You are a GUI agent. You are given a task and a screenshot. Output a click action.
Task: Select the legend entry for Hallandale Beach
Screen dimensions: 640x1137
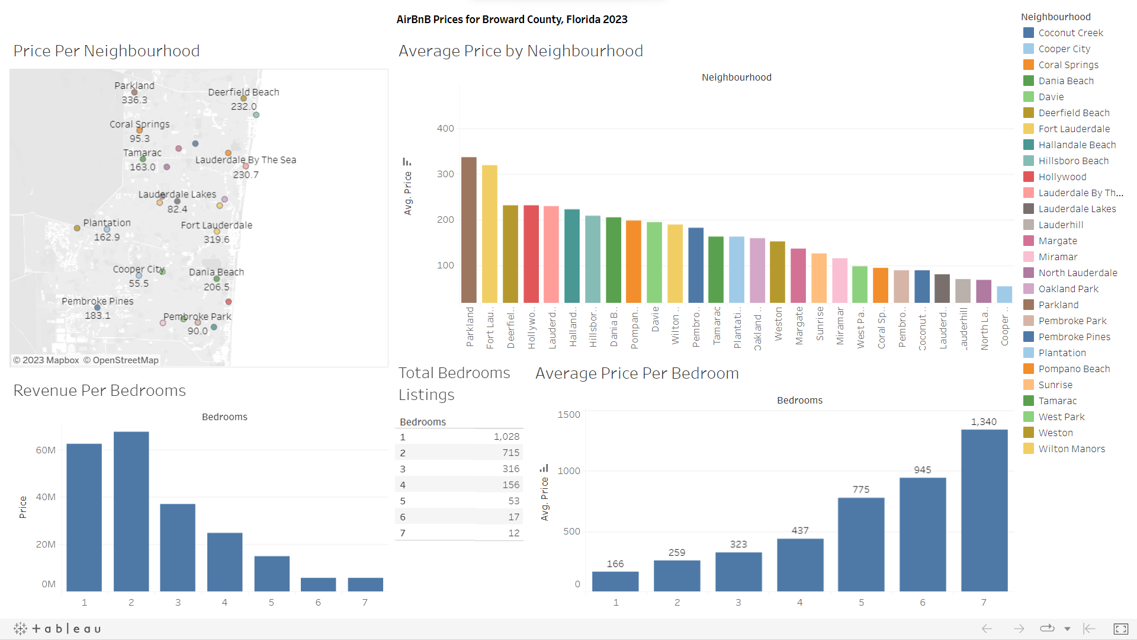click(1077, 145)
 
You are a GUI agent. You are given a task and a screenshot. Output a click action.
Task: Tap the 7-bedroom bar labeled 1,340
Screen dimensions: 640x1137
click(984, 510)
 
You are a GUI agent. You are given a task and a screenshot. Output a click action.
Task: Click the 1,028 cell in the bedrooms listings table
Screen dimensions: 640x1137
click(506, 437)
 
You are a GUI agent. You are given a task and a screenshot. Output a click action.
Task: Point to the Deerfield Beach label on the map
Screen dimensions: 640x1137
click(243, 92)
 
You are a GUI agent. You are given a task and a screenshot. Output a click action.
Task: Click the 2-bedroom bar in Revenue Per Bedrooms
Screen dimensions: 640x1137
click(131, 511)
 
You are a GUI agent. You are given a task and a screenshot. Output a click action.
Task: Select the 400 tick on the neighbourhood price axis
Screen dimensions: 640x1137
click(445, 129)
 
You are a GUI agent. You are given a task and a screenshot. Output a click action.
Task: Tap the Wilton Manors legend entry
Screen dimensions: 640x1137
click(1071, 449)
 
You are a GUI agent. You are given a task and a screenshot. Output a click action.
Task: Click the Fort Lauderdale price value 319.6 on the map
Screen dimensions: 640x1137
click(216, 239)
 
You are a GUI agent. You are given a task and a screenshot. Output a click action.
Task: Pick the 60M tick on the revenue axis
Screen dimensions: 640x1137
click(46, 450)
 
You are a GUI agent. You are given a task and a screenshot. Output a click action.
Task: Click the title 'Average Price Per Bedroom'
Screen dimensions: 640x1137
click(637, 373)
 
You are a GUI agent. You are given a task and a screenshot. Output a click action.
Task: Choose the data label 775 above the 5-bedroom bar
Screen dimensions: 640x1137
click(860, 489)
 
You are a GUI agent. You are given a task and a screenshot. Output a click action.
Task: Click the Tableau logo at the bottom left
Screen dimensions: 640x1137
click(57, 629)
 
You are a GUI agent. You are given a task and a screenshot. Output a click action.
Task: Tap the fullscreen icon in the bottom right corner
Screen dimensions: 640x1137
click(1120, 629)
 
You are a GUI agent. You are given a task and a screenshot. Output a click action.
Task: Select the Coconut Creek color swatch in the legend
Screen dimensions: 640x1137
click(1029, 33)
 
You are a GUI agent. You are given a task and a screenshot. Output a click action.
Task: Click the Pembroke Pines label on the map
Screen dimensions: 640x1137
click(98, 301)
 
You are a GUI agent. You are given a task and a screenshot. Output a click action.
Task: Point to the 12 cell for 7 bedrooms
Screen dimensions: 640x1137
click(513, 533)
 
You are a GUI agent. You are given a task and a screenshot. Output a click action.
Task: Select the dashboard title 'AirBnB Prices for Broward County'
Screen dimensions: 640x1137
click(512, 20)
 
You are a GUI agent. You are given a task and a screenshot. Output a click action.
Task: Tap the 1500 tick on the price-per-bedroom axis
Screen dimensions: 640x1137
click(568, 414)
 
